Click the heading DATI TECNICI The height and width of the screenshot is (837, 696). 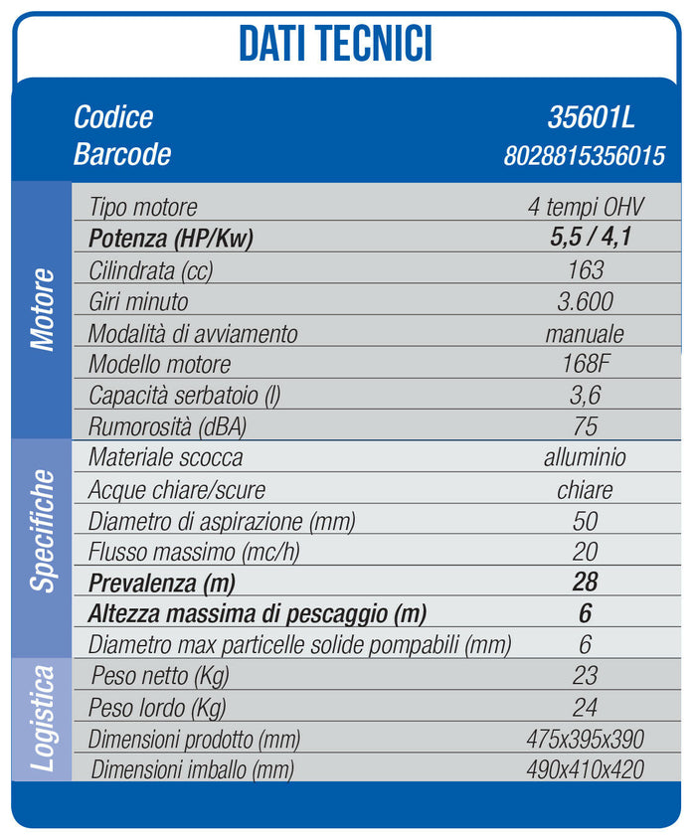click(x=336, y=45)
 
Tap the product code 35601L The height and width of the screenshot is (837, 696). click(x=591, y=117)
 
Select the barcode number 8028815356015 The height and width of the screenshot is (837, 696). click(x=585, y=155)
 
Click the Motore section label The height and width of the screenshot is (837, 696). click(x=42, y=308)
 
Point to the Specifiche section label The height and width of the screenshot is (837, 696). click(x=42, y=531)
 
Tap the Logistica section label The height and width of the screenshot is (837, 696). click(x=42, y=719)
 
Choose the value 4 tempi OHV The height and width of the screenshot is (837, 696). click(x=586, y=208)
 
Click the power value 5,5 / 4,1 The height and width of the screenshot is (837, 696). click(x=586, y=240)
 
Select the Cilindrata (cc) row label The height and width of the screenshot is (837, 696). click(x=150, y=270)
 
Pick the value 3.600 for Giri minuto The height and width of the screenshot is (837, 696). click(x=586, y=301)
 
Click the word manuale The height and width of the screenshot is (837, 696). click(x=585, y=333)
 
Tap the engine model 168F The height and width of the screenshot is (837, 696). click(x=586, y=364)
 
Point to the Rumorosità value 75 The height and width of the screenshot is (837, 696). click(x=586, y=426)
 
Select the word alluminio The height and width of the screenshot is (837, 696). click(x=585, y=458)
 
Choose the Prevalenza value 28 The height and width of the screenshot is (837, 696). click(x=586, y=582)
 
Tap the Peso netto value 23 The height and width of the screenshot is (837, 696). click(x=586, y=676)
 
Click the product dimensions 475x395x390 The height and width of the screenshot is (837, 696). click(x=585, y=739)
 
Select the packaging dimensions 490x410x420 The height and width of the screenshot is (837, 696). click(x=585, y=769)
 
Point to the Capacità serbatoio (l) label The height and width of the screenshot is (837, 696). click(x=184, y=395)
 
